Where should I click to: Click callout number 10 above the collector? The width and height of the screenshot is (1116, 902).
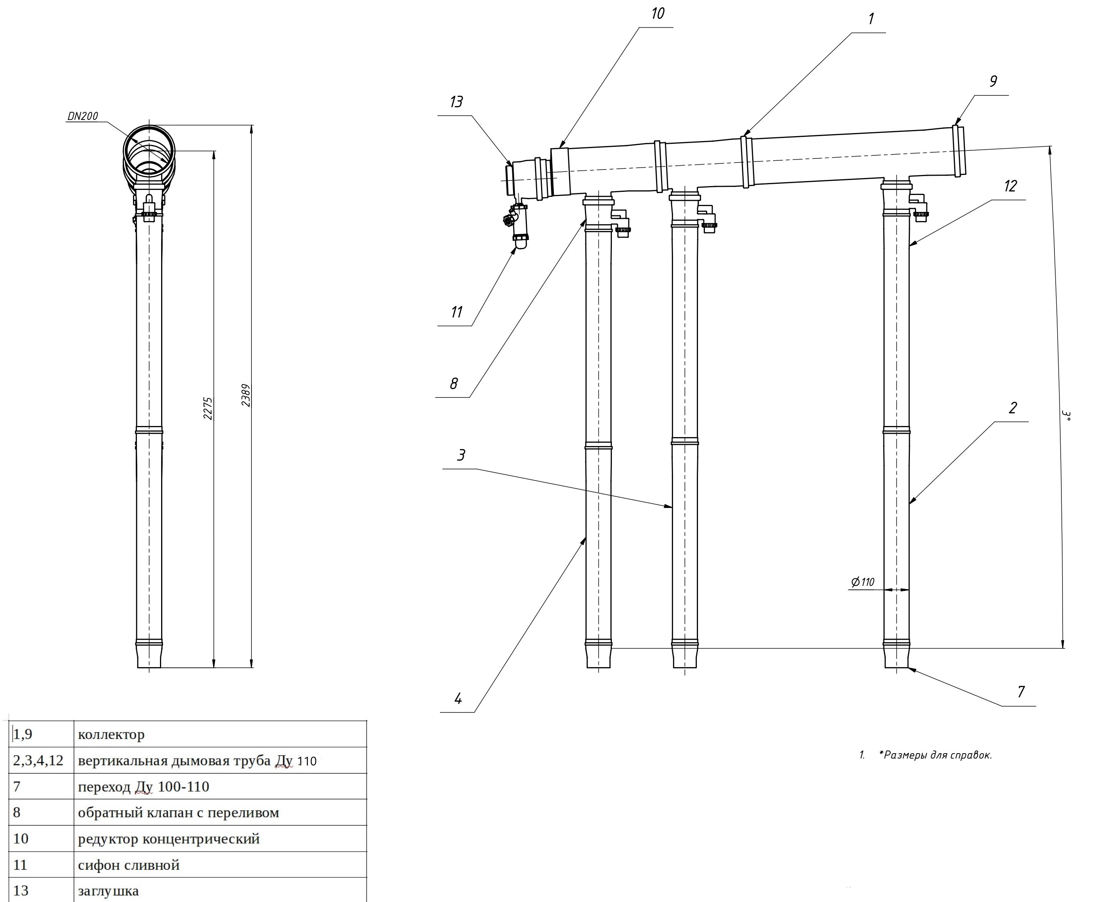657,13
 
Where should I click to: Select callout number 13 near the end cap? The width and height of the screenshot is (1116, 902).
456,102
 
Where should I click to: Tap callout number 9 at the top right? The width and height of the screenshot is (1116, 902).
993,82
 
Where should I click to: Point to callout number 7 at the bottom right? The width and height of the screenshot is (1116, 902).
1021,692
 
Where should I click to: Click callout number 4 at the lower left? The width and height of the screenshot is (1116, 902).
458,699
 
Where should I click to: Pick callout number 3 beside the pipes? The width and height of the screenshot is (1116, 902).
461,455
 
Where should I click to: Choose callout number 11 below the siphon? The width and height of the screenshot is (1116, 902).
457,312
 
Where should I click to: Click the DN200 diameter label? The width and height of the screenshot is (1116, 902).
83,116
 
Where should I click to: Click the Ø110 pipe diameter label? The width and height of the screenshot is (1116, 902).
863,582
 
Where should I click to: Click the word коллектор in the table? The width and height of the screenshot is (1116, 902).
111,735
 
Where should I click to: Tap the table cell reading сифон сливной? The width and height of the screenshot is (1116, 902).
128,865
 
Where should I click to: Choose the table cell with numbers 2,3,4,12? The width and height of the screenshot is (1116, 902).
38,761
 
